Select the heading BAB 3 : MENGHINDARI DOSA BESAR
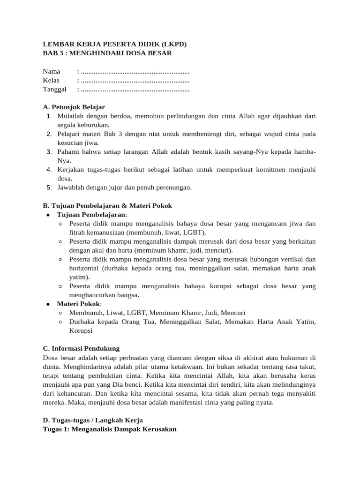(x=107, y=53)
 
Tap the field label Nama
(x=52, y=72)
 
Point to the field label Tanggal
(x=55, y=90)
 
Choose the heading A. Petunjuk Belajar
(x=74, y=107)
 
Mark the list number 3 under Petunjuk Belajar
(x=49, y=152)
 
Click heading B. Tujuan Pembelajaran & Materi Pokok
(x=107, y=206)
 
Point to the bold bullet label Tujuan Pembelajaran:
(x=92, y=215)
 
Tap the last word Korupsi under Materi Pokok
(x=81, y=330)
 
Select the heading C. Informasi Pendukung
(x=81, y=348)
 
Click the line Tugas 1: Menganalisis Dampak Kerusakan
(x=110, y=429)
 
